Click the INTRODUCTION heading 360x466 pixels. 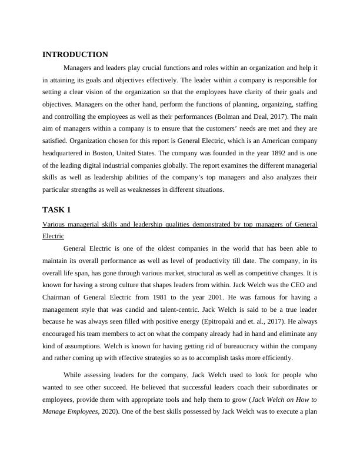point(75,55)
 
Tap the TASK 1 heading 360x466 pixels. point(56,210)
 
